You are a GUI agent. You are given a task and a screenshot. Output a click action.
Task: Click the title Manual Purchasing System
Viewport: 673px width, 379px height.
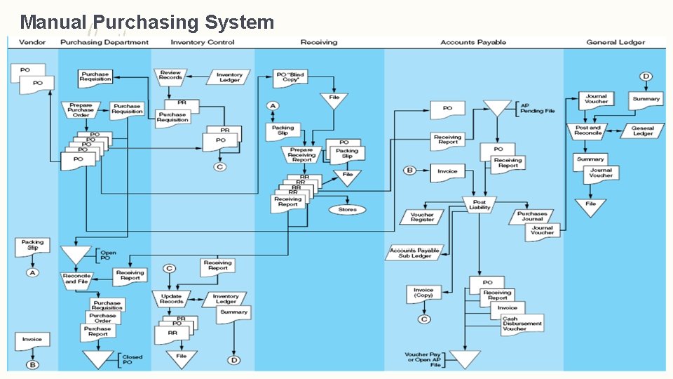[x=147, y=22]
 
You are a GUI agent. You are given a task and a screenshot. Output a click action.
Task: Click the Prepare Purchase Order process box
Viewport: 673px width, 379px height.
[x=81, y=109]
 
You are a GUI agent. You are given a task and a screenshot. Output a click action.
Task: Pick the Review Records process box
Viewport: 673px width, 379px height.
[x=170, y=75]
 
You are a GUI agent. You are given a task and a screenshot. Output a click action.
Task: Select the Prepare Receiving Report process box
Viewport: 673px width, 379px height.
[x=301, y=154]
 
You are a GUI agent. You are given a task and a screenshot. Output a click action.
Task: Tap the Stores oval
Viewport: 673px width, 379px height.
[x=347, y=209]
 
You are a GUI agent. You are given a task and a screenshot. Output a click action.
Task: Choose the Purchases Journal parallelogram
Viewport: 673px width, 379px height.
[x=532, y=215]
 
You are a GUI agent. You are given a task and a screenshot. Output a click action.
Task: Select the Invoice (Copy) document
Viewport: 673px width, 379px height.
[x=423, y=293]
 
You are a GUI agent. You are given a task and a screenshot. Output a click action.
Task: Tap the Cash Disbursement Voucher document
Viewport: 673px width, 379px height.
[x=522, y=324]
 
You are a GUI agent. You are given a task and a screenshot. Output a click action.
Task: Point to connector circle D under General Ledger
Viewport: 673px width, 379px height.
[x=646, y=77]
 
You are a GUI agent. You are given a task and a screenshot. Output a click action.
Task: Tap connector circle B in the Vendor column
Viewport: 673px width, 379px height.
[x=32, y=364]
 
